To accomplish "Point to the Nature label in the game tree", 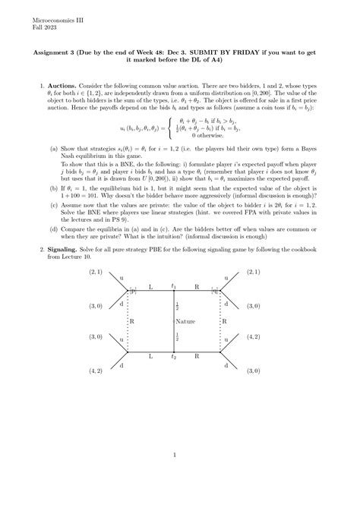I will tap(180, 320).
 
